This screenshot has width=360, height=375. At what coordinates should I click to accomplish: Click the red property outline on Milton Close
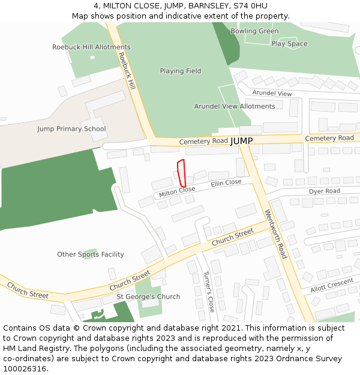pyautogui.click(x=182, y=173)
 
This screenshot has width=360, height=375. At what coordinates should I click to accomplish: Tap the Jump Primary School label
pyautogui.click(x=71, y=129)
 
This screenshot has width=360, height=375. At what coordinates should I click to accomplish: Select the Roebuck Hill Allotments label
pyautogui.click(x=91, y=47)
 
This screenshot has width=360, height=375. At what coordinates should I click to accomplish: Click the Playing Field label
pyautogui.click(x=181, y=71)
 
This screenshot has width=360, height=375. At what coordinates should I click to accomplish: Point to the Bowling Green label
pyautogui.click(x=254, y=31)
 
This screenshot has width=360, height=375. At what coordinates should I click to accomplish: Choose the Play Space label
pyautogui.click(x=289, y=44)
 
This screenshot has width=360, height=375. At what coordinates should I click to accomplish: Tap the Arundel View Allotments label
pyautogui.click(x=235, y=107)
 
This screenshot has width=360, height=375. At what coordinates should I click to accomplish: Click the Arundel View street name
pyautogui.click(x=272, y=94)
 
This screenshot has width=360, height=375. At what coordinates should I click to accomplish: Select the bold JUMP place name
pyautogui.click(x=242, y=141)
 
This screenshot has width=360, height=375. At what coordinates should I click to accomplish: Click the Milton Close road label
pyautogui.click(x=177, y=191)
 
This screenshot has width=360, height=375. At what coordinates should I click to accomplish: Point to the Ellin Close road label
pyautogui.click(x=226, y=183)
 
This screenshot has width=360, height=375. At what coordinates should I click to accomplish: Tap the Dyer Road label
pyautogui.click(x=325, y=191)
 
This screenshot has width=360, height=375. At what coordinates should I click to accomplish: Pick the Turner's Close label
pyautogui.click(x=208, y=292)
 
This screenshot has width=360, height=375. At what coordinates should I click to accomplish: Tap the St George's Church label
pyautogui.click(x=148, y=297)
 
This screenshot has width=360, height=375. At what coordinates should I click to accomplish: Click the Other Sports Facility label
pyautogui.click(x=91, y=255)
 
